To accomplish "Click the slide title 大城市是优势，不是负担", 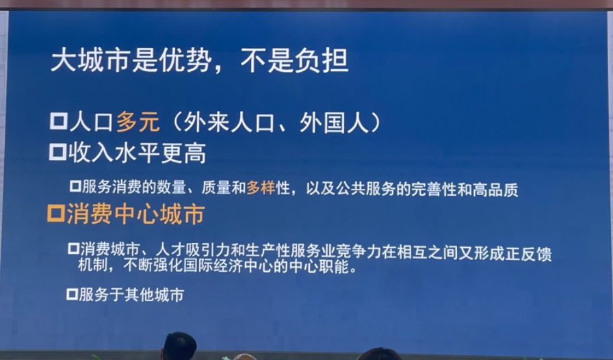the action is click(199, 61).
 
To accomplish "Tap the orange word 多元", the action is click(138, 122).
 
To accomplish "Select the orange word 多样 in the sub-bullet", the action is click(261, 188).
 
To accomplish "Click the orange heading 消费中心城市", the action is click(135, 214).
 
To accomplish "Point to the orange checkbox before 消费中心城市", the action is click(56, 214).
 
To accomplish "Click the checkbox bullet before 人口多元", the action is click(59, 121).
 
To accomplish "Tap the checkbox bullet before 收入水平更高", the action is click(58, 152).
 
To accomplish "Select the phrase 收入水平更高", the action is click(138, 153).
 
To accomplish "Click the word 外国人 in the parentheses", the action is click(335, 123).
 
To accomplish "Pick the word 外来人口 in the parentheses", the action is click(229, 123).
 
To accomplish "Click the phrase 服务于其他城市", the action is click(131, 295).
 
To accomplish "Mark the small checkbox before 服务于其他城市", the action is click(73, 294).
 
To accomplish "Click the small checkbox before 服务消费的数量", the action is click(75, 186).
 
